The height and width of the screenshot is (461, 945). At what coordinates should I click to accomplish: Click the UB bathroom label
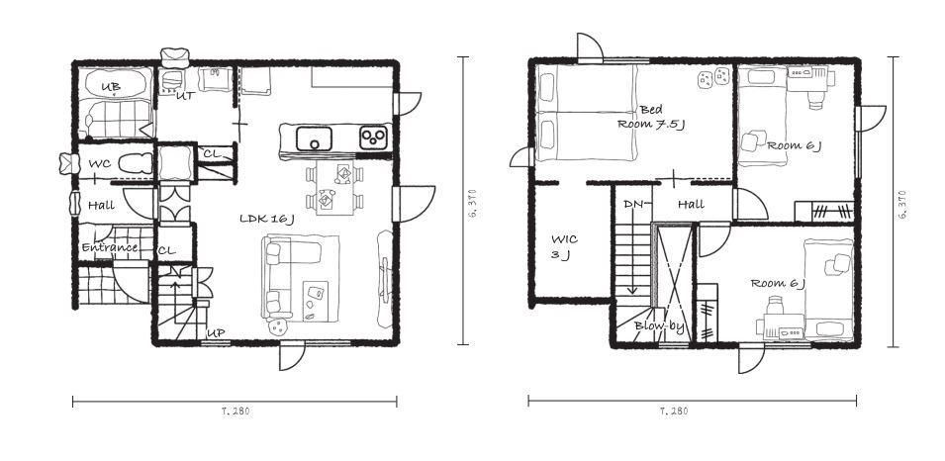[x=110, y=87]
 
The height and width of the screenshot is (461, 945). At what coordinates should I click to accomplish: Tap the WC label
[x=99, y=164]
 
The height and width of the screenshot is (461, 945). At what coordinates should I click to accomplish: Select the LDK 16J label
[x=266, y=219]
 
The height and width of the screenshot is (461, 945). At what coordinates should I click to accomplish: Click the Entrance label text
[x=110, y=247]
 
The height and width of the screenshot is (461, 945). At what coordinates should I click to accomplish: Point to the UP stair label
[x=216, y=332]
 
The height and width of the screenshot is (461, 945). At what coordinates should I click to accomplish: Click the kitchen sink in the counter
[x=314, y=138]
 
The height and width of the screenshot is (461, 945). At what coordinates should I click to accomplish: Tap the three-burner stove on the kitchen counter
[x=374, y=138]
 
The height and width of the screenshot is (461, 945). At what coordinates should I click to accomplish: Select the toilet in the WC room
[x=134, y=164]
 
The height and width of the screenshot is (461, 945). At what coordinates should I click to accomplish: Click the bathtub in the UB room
[x=115, y=83]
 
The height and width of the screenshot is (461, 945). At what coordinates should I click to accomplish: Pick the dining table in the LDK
[x=334, y=187]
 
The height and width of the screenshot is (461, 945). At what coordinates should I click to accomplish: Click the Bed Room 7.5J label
[x=651, y=117]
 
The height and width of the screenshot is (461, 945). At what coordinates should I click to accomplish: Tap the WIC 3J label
[x=564, y=247]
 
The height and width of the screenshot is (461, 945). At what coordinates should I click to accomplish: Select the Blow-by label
[x=659, y=327]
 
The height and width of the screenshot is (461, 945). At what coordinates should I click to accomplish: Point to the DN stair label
[x=634, y=205]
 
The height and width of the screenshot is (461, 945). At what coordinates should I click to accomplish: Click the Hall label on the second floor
[x=692, y=205]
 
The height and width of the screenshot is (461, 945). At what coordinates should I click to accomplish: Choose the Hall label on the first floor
[x=101, y=206]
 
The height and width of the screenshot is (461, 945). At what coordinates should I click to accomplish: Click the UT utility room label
[x=185, y=95]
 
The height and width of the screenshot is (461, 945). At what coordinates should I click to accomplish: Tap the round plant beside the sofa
[x=278, y=327]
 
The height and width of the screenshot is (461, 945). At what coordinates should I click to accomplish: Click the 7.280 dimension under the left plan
[x=236, y=412]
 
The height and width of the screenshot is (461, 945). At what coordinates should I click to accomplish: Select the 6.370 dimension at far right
[x=902, y=205]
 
